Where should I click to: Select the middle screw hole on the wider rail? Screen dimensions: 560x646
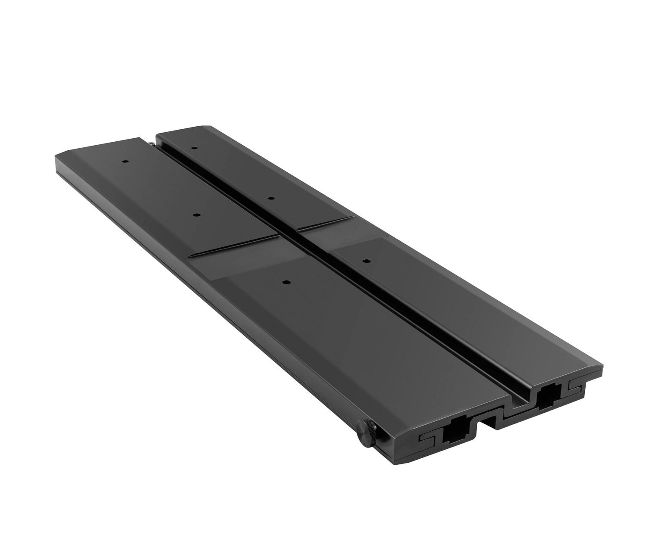coord(196,215)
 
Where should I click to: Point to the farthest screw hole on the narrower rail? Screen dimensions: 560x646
coord(194,148)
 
